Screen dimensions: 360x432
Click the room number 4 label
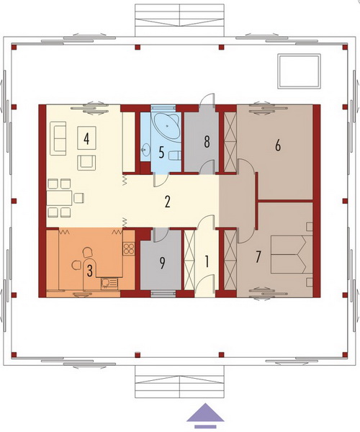pos(86,138)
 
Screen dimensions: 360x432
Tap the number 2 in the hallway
pos(168,202)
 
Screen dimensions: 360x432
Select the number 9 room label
pos(163,263)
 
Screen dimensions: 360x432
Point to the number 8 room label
pos(207,142)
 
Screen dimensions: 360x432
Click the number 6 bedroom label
pos(278,145)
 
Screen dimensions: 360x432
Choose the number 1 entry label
pos(207,261)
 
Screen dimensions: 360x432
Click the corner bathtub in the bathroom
pos(166,128)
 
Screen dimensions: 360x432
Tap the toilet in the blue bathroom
pos(174,156)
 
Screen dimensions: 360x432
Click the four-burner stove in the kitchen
pos(129,248)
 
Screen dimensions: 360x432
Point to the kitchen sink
pos(109,283)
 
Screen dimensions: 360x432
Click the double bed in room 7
pos(292,254)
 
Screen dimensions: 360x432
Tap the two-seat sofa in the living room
pos(58,138)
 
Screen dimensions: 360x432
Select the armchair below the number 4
pos(86,163)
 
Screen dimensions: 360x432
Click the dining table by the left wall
pos(60,198)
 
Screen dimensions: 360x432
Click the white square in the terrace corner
pos(299,71)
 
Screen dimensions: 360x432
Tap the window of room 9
pos(163,294)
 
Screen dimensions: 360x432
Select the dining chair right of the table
pos(79,198)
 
